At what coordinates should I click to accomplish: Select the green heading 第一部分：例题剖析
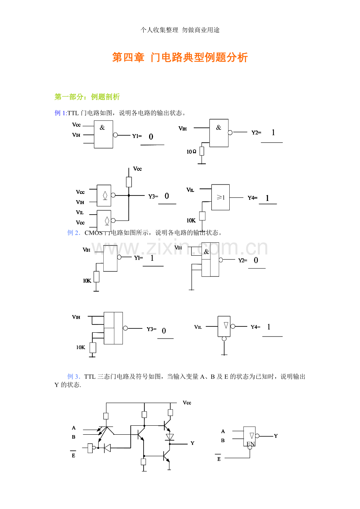87,97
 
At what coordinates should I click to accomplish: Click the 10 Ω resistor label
191,152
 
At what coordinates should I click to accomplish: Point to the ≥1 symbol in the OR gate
221,197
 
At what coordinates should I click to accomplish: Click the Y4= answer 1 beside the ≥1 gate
267,199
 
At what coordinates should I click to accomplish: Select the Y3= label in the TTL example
153,196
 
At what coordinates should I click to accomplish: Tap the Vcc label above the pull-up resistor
137,169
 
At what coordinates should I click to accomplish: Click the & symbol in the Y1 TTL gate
102,127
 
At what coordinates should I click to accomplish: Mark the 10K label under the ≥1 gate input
191,220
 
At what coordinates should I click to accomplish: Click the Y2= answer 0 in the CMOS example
256,260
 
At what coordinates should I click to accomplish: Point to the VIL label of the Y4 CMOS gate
198,327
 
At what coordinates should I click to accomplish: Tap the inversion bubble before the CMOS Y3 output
125,328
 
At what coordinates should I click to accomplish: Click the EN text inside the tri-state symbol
251,444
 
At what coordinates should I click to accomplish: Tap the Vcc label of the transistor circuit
187,403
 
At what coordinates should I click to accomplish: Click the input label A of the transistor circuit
74,428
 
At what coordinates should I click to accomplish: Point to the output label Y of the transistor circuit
193,443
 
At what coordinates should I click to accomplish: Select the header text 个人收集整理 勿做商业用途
180,30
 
